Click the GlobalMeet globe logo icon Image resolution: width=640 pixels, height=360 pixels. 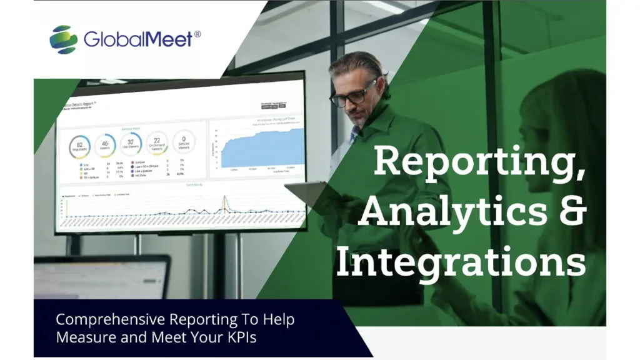click(63, 39)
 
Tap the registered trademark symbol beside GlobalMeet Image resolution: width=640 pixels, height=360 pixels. click(197, 34)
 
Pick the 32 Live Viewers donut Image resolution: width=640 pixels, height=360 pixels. click(131, 143)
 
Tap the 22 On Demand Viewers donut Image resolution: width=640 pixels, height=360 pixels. click(157, 142)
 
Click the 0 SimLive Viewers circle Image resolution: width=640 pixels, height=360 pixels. click(184, 141)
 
